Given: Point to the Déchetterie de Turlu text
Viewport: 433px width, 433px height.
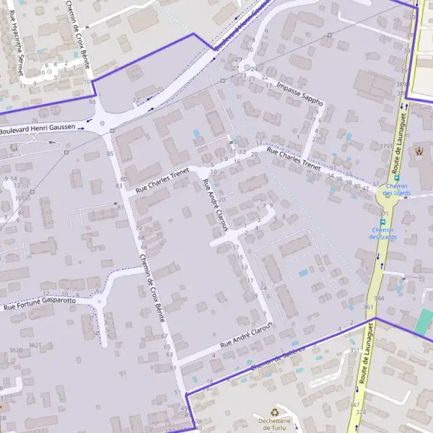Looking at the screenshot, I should point(274,424).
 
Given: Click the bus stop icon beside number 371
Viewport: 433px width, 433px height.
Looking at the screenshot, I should point(382,222).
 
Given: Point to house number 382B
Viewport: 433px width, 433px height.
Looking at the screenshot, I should point(15,349).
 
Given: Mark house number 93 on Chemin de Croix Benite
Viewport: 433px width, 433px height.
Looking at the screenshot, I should point(92,102).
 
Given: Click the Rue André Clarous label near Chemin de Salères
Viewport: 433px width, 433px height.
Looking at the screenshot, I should point(248,334).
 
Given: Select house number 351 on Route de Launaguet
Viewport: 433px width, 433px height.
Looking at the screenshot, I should point(354,351).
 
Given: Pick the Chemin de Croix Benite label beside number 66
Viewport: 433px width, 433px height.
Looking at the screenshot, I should point(153,287).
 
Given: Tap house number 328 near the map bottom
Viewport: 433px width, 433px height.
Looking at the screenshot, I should point(361,412).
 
